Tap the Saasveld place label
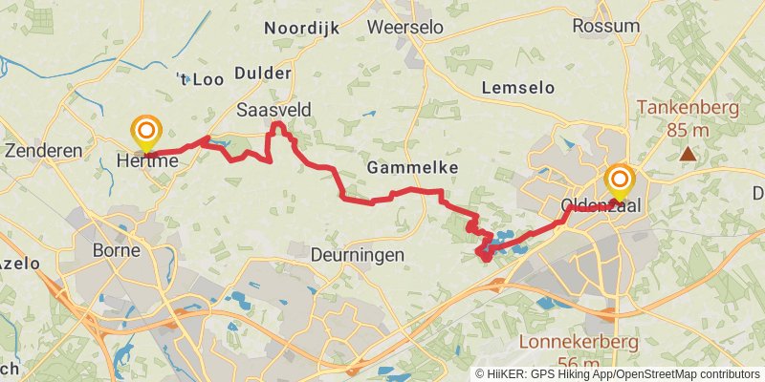(x=274, y=111)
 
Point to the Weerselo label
(x=405, y=27)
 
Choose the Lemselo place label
(x=518, y=87)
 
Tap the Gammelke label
(x=412, y=167)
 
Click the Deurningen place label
(x=358, y=255)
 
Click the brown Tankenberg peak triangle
(x=688, y=153)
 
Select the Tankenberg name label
(x=687, y=107)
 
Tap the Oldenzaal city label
(x=605, y=205)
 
